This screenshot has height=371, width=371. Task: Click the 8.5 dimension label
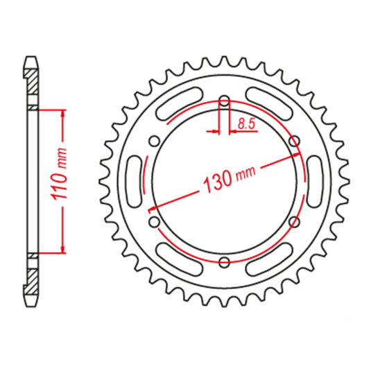pos(246,123)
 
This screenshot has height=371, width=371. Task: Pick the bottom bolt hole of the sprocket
pos(224,261)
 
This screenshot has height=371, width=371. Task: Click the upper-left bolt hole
pos(154,141)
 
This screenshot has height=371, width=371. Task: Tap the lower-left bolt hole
pos(154,222)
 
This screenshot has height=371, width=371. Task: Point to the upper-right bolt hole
pos(294,141)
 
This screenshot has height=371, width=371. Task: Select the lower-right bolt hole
pos(294,222)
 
